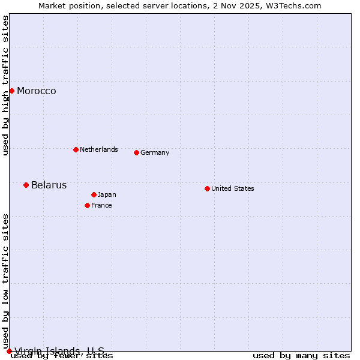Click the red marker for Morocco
11,91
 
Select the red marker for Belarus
26,185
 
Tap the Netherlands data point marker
76,149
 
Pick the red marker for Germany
136,152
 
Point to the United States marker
207,188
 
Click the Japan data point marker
94,194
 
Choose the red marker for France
87,205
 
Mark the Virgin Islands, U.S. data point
9,351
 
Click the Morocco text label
37,91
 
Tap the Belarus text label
49,185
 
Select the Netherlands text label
99,149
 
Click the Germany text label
155,153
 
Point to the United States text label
233,188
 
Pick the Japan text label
107,194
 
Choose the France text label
101,205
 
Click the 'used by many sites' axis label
301,356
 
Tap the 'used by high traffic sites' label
6,85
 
